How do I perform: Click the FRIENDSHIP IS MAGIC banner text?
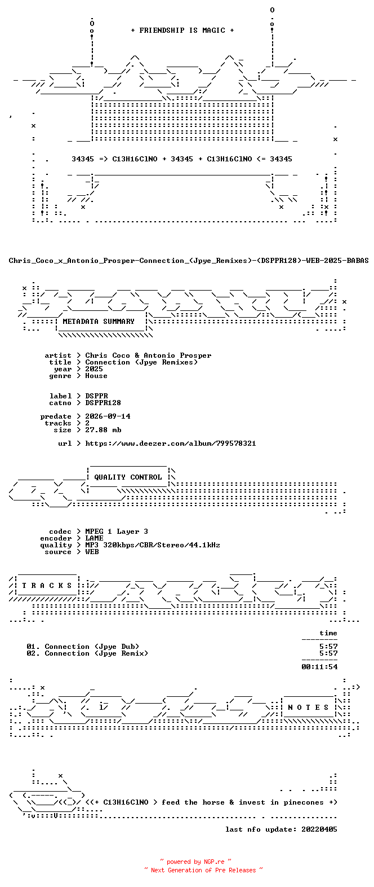(x=182, y=30)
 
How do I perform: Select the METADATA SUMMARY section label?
(x=99, y=322)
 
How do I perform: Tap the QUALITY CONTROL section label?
(x=128, y=477)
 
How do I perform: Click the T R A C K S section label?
(x=47, y=585)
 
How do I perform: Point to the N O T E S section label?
(x=308, y=707)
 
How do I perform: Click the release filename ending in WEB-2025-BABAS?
(x=189, y=261)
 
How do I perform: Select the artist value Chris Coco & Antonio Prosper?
(x=148, y=355)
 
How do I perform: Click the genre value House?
(x=96, y=376)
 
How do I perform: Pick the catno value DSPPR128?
(x=103, y=403)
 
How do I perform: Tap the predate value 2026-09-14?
(x=108, y=416)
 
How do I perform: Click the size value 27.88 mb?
(x=103, y=429)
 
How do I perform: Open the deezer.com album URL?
(x=171, y=443)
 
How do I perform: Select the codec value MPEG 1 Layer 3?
(x=117, y=532)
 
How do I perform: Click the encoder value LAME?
(x=94, y=538)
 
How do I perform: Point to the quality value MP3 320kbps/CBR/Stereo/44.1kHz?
(x=153, y=545)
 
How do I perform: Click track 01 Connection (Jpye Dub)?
(x=83, y=647)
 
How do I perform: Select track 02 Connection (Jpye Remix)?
(x=87, y=653)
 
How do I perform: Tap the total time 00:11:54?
(x=319, y=667)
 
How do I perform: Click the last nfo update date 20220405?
(x=319, y=829)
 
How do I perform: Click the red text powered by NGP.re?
(x=195, y=862)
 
